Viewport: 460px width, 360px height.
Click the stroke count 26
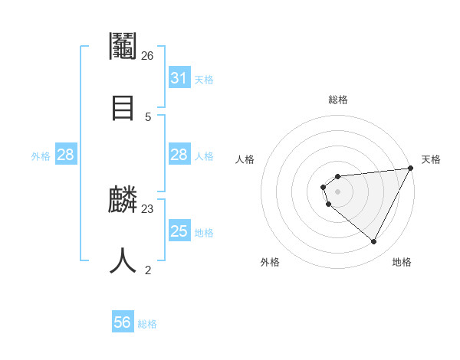click(147, 56)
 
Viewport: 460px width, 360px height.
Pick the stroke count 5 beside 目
click(147, 116)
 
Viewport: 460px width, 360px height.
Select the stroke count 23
click(148, 208)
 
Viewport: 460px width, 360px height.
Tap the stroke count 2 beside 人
click(148, 270)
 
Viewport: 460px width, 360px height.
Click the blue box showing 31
click(179, 78)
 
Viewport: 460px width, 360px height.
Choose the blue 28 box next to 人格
click(179, 155)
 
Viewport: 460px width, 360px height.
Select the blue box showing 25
click(179, 231)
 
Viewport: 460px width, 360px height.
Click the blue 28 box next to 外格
click(65, 155)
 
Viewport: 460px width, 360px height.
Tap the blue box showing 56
click(123, 322)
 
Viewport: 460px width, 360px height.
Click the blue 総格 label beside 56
click(147, 324)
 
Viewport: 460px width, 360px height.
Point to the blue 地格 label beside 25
click(204, 233)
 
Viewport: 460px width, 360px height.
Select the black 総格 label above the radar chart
click(338, 100)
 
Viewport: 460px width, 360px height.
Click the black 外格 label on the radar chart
click(270, 262)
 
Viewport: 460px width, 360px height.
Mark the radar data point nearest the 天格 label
click(411, 169)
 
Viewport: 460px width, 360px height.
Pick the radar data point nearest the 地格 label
click(374, 242)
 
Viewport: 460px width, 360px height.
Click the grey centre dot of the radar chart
click(338, 191)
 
